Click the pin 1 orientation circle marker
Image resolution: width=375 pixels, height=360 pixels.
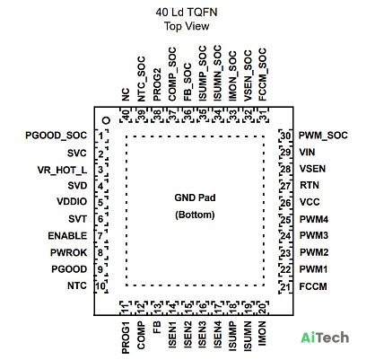106,120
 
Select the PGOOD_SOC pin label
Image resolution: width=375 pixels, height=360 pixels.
56,136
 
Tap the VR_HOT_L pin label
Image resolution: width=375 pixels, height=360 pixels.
62,171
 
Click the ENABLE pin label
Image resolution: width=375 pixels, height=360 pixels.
67,236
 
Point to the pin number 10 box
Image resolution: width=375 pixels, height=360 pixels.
100,286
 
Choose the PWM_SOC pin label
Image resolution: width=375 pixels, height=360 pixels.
323,136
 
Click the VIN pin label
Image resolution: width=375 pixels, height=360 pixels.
307,153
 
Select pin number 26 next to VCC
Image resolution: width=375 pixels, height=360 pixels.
285,203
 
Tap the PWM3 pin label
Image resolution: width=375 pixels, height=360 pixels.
314,235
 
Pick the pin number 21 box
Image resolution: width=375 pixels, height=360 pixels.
285,287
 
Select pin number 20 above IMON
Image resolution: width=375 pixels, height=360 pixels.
262,308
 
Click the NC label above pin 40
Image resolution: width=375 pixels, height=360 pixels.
126,94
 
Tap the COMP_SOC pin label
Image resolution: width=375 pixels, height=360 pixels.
172,74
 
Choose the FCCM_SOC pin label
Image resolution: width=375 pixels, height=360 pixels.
262,75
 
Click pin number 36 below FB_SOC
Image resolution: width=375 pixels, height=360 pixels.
187,115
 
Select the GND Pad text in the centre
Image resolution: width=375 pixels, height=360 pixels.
195,198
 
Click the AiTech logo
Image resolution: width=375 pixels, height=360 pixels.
325,338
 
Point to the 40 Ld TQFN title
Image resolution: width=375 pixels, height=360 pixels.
187,13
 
